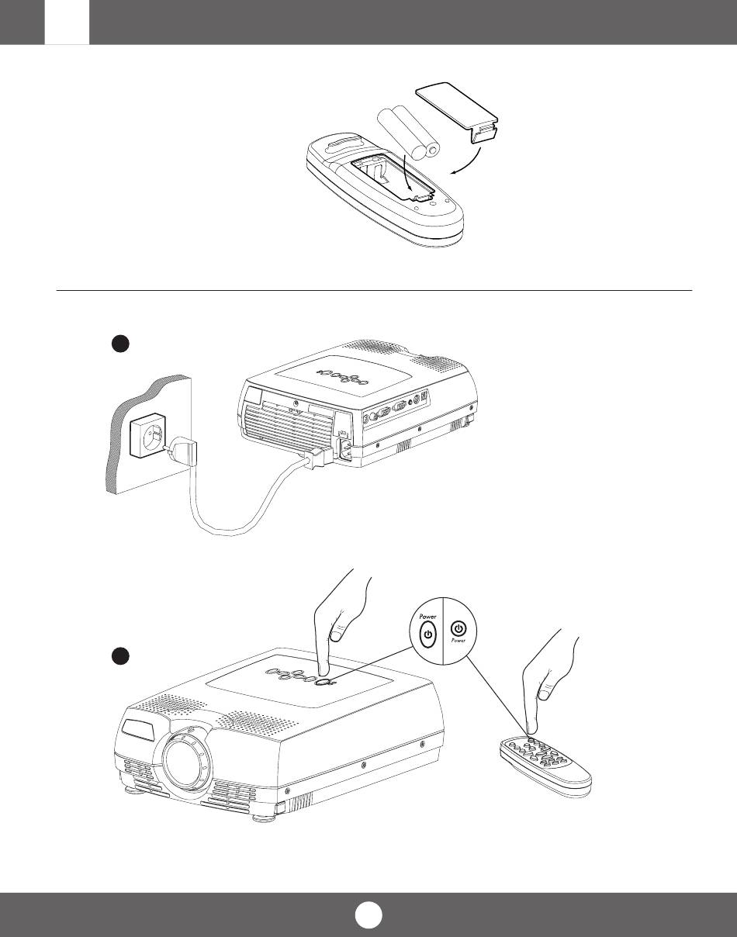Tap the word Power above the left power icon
tap(427, 617)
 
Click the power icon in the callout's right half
tap(458, 628)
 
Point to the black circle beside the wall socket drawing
tap(119, 344)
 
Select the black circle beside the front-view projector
tap(119, 656)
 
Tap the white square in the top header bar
tap(67, 22)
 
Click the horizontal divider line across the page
tap(374, 290)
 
